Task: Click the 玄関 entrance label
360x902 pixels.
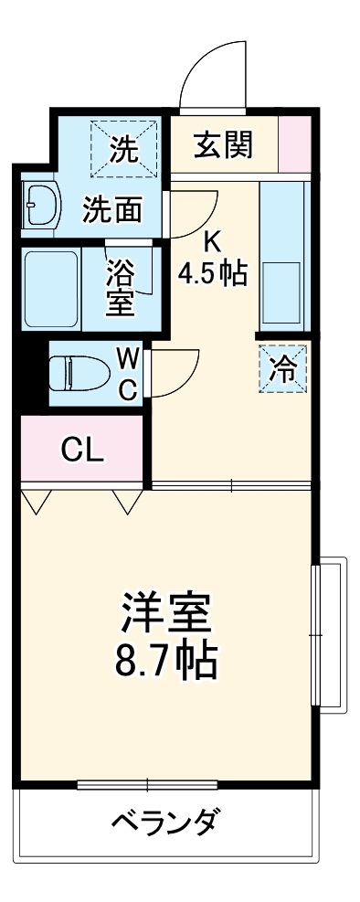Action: pyautogui.click(x=224, y=144)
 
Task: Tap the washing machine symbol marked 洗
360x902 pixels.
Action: pyautogui.click(x=123, y=149)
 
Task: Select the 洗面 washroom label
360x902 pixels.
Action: pyautogui.click(x=112, y=210)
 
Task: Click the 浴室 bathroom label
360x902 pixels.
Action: pyautogui.click(x=121, y=288)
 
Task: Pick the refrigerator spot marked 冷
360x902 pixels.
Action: pyautogui.click(x=285, y=369)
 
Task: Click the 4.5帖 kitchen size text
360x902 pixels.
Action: pyautogui.click(x=212, y=273)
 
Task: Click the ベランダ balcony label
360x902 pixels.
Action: pyautogui.click(x=164, y=822)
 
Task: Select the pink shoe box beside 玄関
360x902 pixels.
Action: pyautogui.click(x=295, y=144)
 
